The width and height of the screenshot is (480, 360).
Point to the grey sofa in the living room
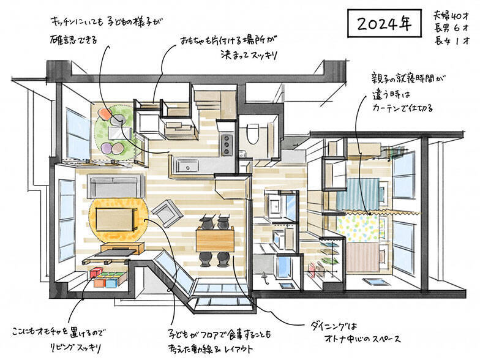[116, 185]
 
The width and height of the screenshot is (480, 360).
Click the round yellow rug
[118, 219]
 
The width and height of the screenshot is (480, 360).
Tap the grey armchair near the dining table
[166, 214]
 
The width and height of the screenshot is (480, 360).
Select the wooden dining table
[215, 238]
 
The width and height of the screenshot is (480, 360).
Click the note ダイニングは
[336, 325]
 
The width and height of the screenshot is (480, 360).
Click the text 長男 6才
[453, 27]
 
